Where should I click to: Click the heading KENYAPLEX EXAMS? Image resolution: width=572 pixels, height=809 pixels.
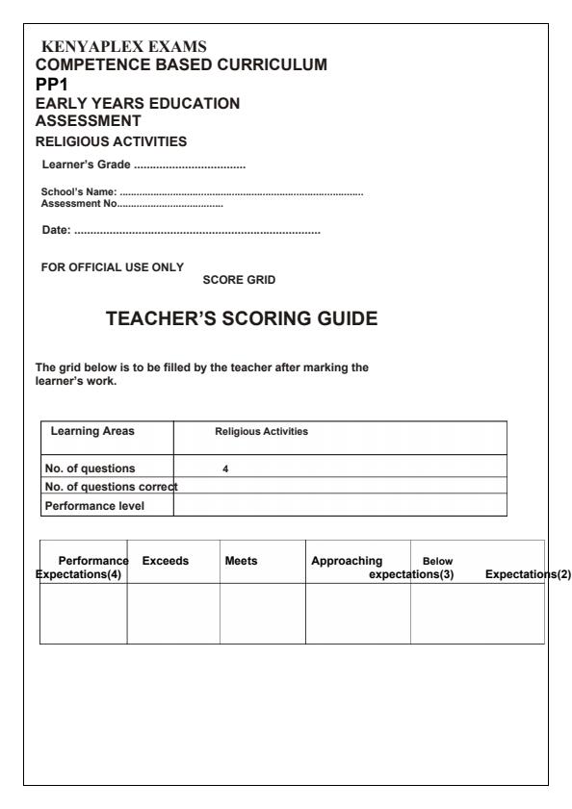[x=120, y=46]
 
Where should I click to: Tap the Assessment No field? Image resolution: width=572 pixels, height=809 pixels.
[x=132, y=203]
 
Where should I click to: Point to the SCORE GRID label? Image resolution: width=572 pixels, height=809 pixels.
[x=240, y=280]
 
